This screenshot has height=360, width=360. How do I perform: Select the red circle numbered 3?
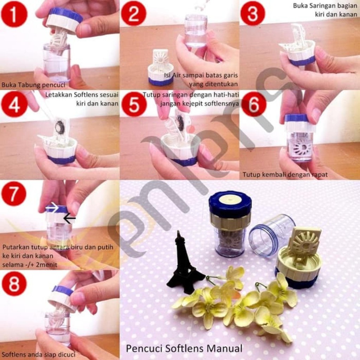(x=253, y=14)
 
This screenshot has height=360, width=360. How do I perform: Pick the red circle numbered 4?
(x=14, y=104)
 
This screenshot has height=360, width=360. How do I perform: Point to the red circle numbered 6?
(x=253, y=104)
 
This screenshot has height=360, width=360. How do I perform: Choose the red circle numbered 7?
(x=14, y=194)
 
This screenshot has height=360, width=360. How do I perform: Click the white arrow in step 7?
(x=52, y=208)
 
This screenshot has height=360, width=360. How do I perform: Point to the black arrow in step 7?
(x=69, y=219)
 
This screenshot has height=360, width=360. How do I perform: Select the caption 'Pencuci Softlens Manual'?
(x=184, y=348)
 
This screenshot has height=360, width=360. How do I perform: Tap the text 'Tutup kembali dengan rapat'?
(x=285, y=174)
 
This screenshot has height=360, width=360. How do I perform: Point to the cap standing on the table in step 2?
(x=160, y=69)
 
